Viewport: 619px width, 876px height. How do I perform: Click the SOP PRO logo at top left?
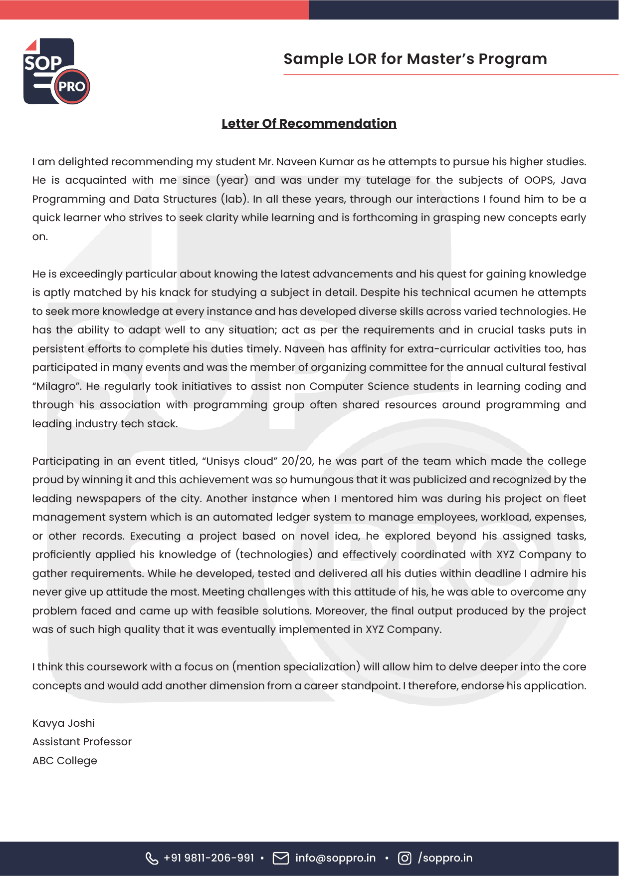(x=56, y=71)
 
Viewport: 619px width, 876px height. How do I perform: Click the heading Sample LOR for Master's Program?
(x=415, y=59)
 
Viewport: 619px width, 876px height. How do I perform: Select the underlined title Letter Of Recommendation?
(x=309, y=123)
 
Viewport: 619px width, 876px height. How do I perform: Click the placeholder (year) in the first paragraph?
(x=232, y=180)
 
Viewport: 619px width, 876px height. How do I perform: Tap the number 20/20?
(x=297, y=461)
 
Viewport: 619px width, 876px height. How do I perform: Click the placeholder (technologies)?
(x=274, y=555)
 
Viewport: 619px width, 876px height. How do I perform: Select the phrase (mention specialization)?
(x=296, y=667)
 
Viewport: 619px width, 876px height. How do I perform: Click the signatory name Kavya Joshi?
(x=63, y=723)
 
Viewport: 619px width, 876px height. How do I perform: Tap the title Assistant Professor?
(x=82, y=742)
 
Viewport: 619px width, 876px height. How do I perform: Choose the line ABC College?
(x=64, y=761)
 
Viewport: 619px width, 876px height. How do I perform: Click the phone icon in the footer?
(x=152, y=858)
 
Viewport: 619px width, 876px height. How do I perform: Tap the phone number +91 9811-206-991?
(x=208, y=858)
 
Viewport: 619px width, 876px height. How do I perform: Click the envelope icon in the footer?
(x=281, y=858)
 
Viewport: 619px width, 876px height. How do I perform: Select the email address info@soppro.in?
(x=335, y=858)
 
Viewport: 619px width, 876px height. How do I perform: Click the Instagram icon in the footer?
(x=405, y=858)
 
